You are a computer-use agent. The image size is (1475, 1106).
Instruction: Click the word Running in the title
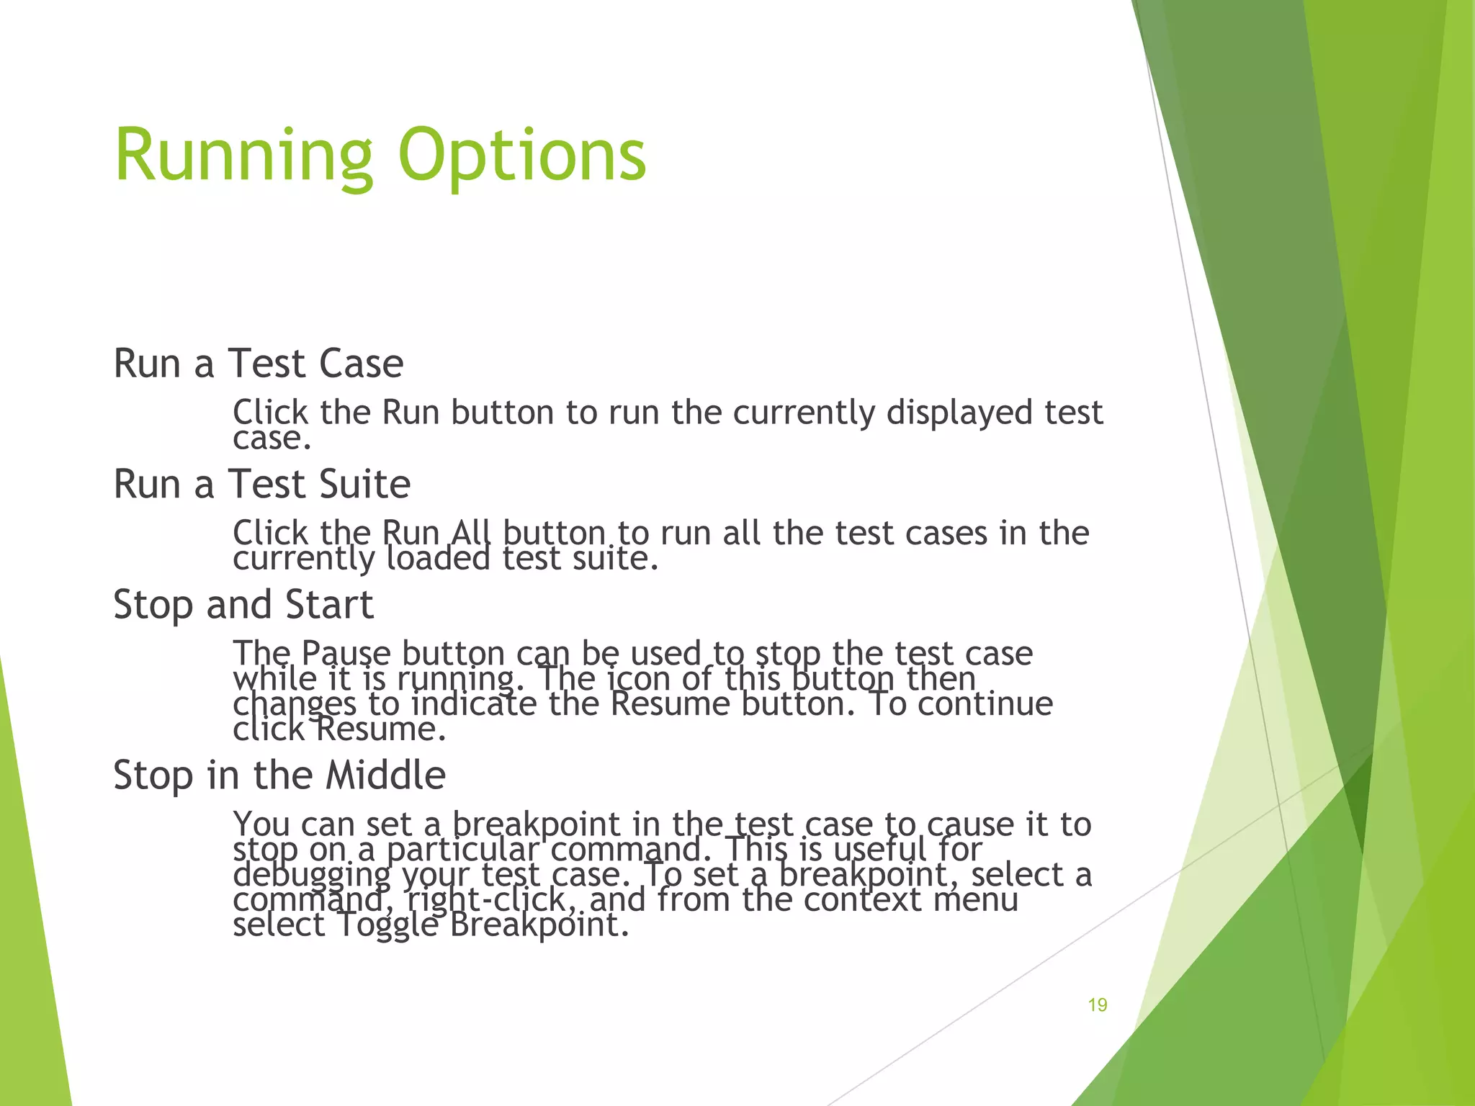pos(243,155)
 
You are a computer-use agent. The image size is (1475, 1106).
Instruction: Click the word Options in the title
pos(521,155)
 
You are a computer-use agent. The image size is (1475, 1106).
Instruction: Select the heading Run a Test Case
pos(258,363)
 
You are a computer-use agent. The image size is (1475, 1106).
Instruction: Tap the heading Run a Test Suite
pos(261,484)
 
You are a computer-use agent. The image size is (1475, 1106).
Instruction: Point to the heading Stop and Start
pos(243,604)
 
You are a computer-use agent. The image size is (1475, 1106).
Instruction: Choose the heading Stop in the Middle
pos(279,775)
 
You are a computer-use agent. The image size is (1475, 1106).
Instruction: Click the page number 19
pos(1097,1005)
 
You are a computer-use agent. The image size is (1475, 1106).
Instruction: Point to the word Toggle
pos(387,925)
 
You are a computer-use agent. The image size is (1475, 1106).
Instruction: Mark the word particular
pos(463,850)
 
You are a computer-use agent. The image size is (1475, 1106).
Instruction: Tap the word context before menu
pos(862,899)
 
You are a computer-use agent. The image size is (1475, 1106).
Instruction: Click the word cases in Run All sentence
pos(946,534)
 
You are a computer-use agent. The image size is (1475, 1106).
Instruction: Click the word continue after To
pos(985,703)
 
